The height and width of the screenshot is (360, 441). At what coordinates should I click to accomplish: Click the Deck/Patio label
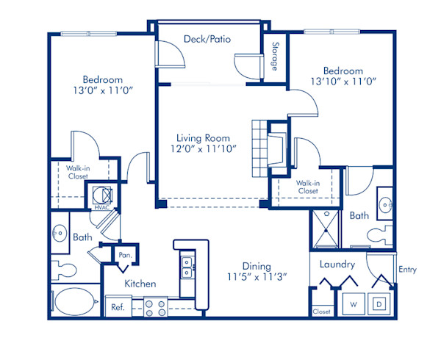coord(209,39)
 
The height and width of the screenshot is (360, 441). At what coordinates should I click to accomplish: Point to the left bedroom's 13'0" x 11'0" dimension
coord(102,93)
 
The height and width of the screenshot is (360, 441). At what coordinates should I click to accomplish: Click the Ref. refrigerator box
coord(117,307)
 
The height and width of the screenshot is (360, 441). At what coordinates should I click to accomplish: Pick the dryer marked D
coord(379,303)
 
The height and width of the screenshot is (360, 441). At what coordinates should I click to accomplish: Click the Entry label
coord(406,270)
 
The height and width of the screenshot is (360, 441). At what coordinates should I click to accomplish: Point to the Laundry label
coord(337,264)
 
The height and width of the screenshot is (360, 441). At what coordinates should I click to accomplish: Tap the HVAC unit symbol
coord(101,195)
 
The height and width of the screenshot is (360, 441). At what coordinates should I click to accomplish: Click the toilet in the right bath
coord(378,235)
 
